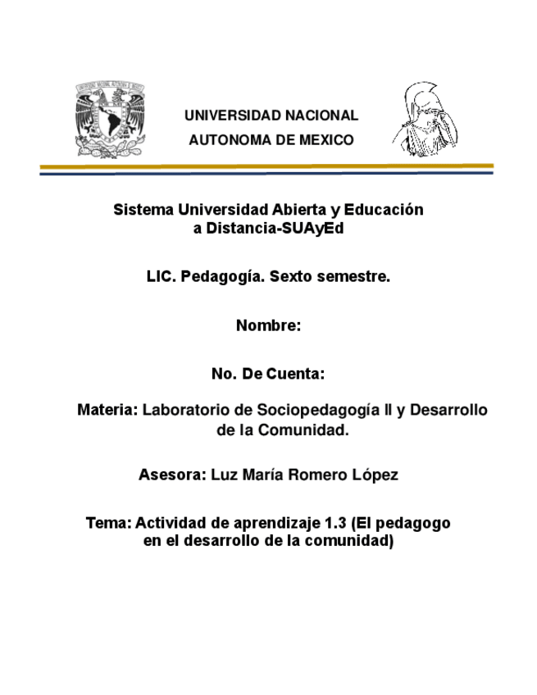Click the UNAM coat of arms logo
click(x=111, y=118)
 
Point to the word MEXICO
click(x=326, y=140)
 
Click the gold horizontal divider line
click(x=267, y=166)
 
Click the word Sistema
click(x=140, y=210)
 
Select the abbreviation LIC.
click(x=161, y=277)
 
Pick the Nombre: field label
click(x=269, y=325)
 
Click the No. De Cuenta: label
click(x=268, y=375)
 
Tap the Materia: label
click(x=107, y=409)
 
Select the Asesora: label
click(x=171, y=475)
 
